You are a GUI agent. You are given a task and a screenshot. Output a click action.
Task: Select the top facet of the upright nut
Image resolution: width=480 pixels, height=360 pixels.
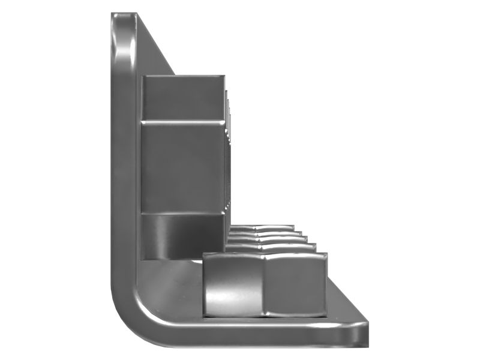183,97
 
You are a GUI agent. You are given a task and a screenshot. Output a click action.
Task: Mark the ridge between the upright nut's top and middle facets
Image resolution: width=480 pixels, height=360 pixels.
183,121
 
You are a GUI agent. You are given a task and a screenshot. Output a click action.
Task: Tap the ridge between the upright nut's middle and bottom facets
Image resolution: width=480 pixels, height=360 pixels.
183,212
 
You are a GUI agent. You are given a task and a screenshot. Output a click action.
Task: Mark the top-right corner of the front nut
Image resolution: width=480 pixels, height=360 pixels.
326,254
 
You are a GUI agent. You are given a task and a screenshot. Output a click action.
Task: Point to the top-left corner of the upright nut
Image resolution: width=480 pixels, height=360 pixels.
142,77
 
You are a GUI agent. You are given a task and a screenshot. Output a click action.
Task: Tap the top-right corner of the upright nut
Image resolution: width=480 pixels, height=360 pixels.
224,77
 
